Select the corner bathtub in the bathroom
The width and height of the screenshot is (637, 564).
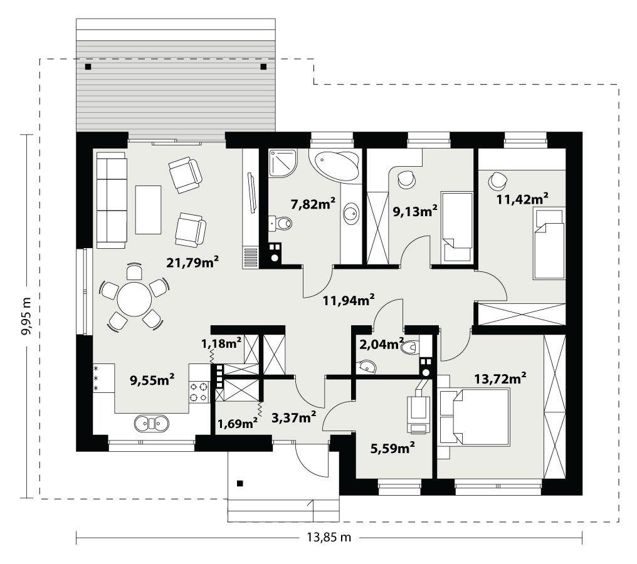336,164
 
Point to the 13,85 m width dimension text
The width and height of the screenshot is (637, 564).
329,537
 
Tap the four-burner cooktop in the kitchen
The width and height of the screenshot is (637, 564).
199,392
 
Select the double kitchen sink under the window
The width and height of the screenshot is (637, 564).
152,424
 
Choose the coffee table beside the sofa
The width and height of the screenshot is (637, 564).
148,209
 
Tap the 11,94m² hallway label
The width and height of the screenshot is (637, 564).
349,300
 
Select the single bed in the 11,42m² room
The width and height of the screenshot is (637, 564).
548,243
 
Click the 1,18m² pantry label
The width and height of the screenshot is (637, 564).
221,343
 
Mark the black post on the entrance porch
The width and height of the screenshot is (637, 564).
240,483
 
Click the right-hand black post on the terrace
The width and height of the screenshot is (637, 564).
263,66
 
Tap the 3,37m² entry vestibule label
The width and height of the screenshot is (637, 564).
293,417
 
